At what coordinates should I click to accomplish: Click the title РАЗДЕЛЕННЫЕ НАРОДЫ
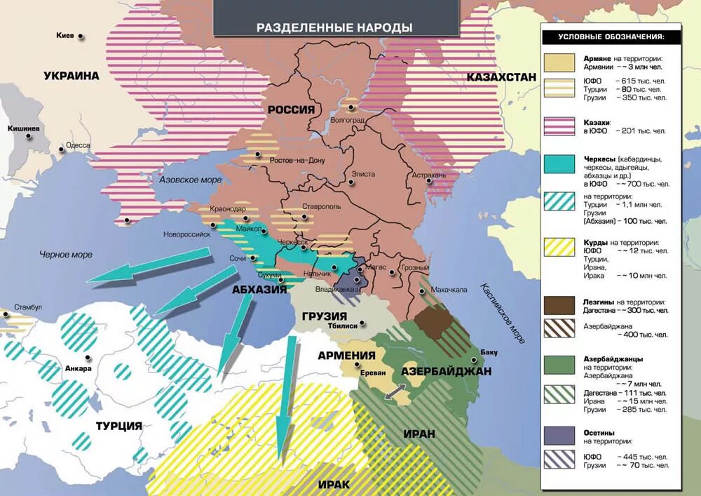pyautogui.click(x=334, y=28)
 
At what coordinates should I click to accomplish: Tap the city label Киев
pyautogui.click(x=66, y=34)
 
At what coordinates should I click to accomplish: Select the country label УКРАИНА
pyautogui.click(x=71, y=76)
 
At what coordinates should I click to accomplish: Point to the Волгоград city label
pyautogui.click(x=348, y=120)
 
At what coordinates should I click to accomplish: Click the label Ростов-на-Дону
pyautogui.click(x=299, y=161)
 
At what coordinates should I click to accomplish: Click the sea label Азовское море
pyautogui.click(x=191, y=180)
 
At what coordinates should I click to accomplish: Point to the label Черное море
pyautogui.click(x=66, y=254)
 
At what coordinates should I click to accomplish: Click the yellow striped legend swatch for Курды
pyautogui.click(x=561, y=248)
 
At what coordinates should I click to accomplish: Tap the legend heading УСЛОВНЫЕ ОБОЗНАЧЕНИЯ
pyautogui.click(x=610, y=36)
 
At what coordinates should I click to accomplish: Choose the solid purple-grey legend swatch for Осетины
pyautogui.click(x=561, y=434)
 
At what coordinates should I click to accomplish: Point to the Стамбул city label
pyautogui.click(x=29, y=307)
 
